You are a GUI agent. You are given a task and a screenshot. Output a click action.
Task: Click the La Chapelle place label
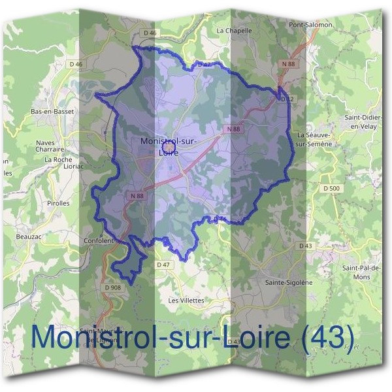234,30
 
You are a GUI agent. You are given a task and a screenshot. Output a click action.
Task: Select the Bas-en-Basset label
53,111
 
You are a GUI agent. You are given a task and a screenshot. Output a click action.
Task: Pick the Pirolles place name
58,203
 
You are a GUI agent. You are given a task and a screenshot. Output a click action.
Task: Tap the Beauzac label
29,237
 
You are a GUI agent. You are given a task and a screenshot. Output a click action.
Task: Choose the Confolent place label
99,240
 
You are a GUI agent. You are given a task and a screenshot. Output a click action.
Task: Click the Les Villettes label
186,301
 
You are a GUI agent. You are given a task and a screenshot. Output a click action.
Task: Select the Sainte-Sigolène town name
289,282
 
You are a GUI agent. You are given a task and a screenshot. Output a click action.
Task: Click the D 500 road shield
333,189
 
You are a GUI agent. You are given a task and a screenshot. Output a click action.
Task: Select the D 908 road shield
113,287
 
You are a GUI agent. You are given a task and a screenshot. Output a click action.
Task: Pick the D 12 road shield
286,99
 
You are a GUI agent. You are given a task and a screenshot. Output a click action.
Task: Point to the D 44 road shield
219,219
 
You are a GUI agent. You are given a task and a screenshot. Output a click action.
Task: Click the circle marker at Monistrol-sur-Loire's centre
168,148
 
